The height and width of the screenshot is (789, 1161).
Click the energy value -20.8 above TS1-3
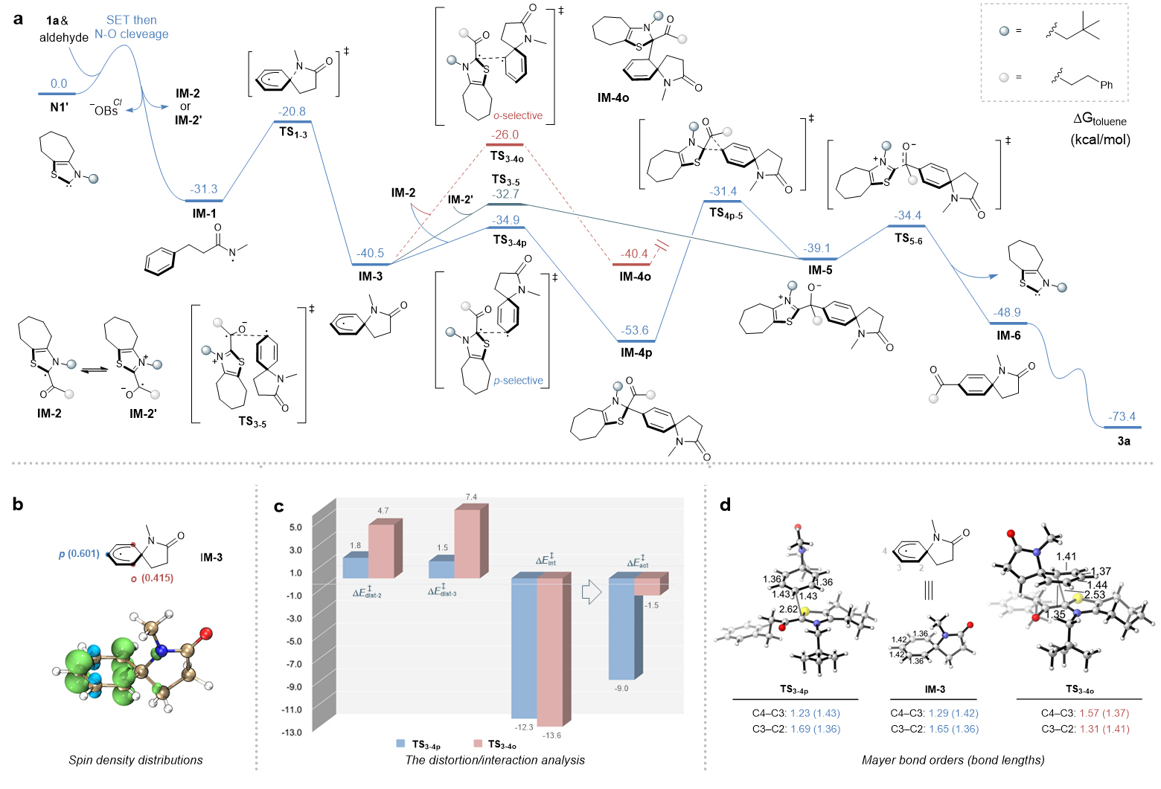(x=292, y=112)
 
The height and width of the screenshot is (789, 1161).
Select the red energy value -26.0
(x=505, y=135)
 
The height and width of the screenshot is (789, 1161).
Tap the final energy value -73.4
(x=1122, y=416)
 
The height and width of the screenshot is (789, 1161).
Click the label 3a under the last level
(x=1123, y=441)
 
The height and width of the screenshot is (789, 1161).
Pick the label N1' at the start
(x=59, y=106)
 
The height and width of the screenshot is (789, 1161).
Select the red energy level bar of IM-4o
(x=631, y=264)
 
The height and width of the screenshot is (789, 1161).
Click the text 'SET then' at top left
(x=131, y=20)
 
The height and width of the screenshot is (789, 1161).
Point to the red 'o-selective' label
(x=518, y=115)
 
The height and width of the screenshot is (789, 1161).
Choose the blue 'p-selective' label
(x=518, y=380)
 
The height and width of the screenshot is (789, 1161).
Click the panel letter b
(x=18, y=505)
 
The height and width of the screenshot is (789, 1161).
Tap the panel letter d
(x=726, y=505)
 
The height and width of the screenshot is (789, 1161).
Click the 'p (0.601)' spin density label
(x=79, y=553)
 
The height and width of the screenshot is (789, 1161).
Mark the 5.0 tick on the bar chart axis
(x=295, y=527)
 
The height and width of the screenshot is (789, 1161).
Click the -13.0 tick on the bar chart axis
(x=292, y=732)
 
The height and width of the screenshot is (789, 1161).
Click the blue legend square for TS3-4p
(x=400, y=744)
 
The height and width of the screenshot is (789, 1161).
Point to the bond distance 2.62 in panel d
(x=788, y=609)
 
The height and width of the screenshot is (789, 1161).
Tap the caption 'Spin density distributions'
(x=135, y=760)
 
